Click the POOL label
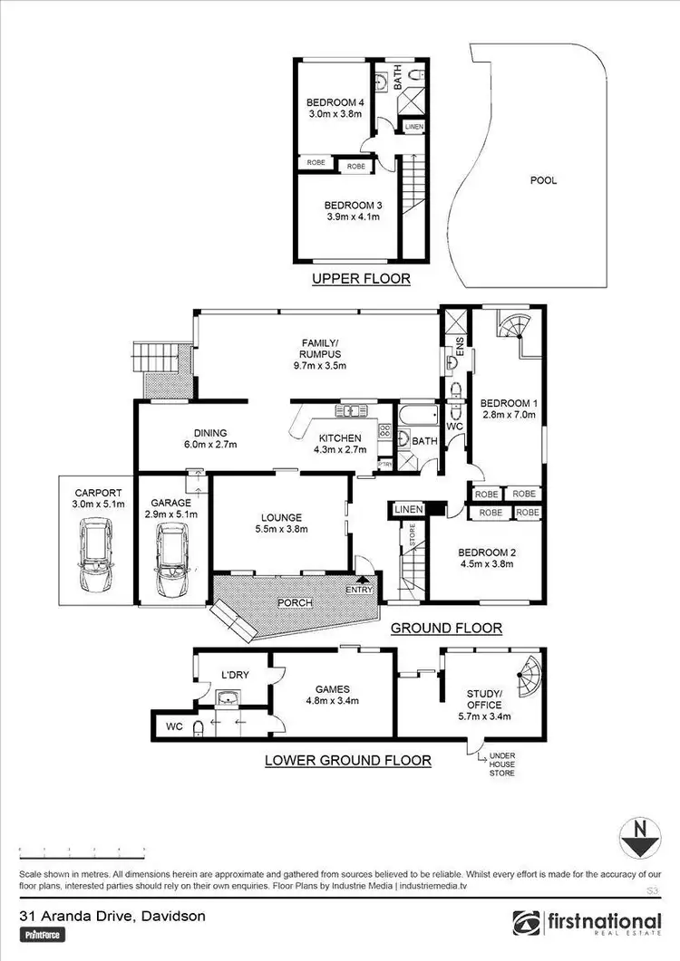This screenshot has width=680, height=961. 543,180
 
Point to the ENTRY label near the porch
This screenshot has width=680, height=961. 359,591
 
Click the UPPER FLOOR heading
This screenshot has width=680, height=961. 361,279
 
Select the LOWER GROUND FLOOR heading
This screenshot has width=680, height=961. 347,760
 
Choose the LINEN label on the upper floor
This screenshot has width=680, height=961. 413,127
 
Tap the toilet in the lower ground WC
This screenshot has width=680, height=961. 199,726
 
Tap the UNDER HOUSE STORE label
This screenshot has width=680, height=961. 502,764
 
